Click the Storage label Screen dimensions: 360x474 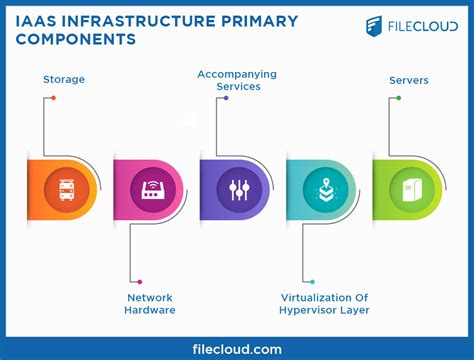click(x=63, y=79)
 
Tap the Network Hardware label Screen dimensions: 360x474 click(x=150, y=303)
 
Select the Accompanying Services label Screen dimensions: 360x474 click(x=236, y=80)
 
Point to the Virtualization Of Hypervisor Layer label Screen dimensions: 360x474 click(x=324, y=303)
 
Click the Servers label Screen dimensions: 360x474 click(x=410, y=79)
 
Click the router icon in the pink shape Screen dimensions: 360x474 click(x=152, y=190)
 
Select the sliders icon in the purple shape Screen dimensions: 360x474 click(x=238, y=190)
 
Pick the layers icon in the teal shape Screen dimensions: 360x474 click(x=325, y=190)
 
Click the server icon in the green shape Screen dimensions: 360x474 click(x=411, y=190)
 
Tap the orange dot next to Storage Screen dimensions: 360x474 click(x=53, y=98)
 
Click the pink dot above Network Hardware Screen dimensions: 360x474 click(x=140, y=282)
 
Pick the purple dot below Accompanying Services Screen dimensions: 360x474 click(x=226, y=98)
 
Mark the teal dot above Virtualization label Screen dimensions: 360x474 click(x=312, y=282)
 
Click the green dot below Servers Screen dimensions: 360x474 click(x=398, y=98)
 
